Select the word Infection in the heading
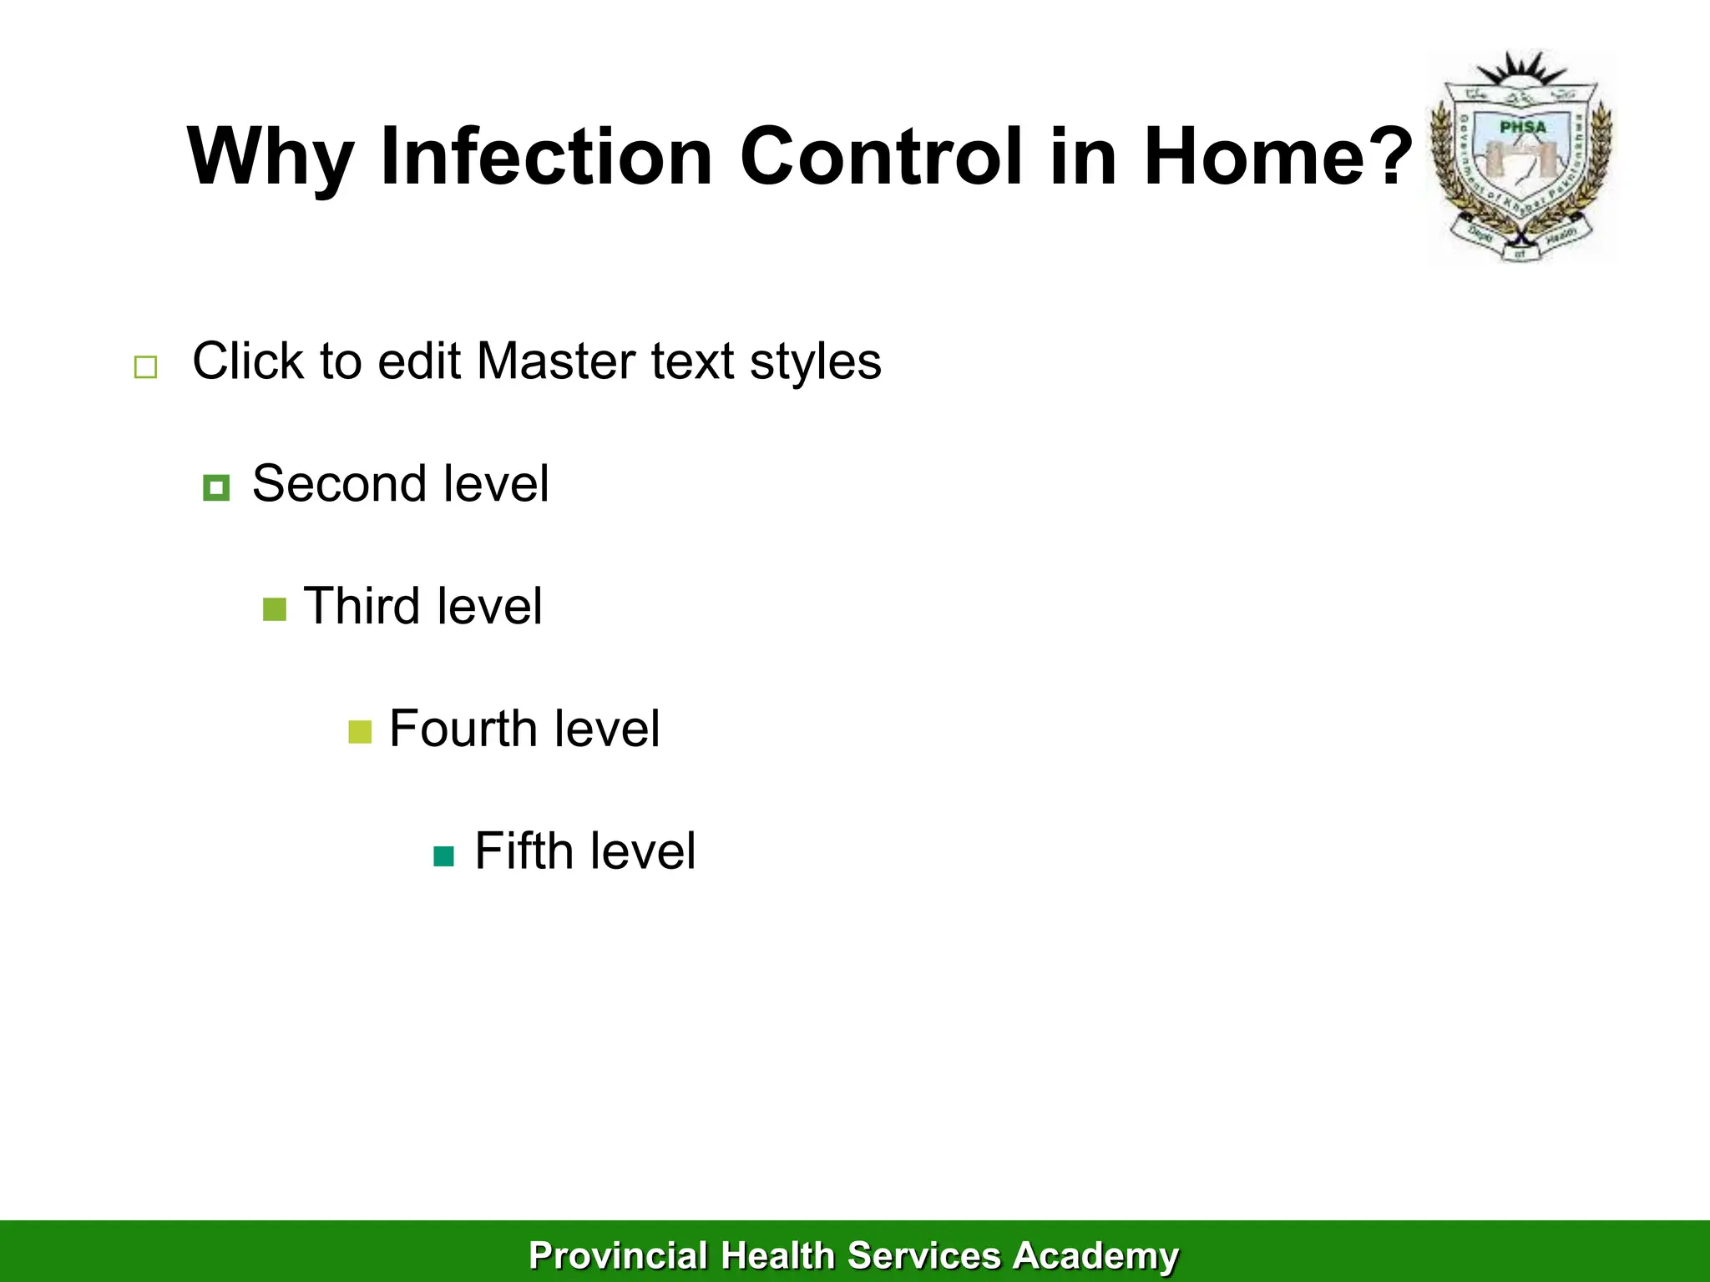546,157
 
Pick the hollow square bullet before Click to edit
145,367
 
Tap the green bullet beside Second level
216,487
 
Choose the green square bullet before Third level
274,609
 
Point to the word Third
361,606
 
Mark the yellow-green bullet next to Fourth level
360,732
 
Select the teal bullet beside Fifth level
444,856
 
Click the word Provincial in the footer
618,1255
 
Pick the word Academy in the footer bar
1095,1255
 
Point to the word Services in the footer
923,1255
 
